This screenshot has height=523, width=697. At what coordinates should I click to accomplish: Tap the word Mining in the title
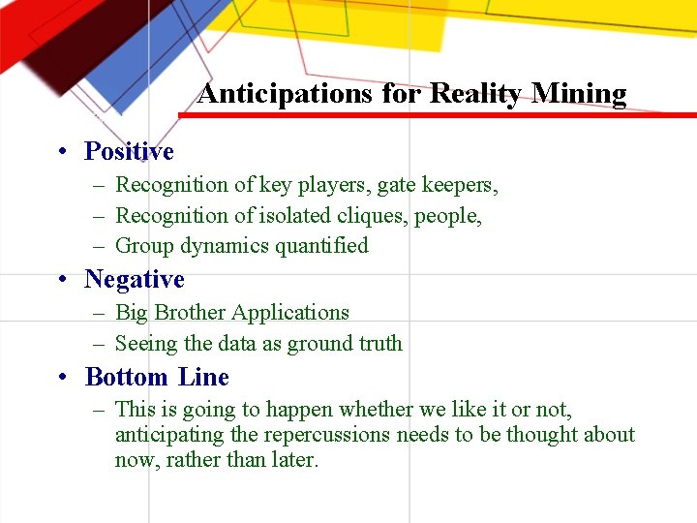coord(579,94)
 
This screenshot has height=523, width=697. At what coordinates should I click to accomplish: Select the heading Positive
coord(129,151)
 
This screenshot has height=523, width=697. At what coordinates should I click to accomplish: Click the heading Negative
coord(134,279)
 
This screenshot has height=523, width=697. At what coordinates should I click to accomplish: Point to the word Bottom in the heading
coord(127,377)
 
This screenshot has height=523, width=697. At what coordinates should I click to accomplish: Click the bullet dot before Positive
coord(61,152)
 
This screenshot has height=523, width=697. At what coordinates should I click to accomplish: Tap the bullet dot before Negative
coord(61,280)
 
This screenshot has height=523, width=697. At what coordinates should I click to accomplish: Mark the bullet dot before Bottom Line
coord(61,378)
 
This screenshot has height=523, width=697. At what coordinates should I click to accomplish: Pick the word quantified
coord(321,246)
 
